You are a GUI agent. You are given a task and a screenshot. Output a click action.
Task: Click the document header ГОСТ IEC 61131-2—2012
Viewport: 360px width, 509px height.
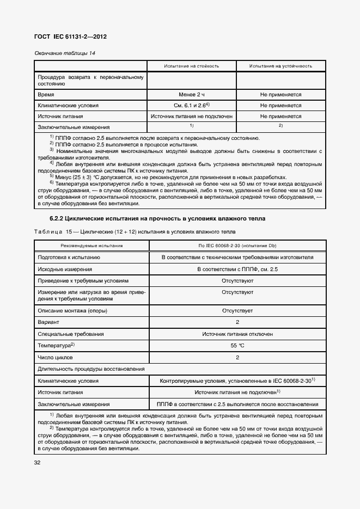click(x=70, y=36)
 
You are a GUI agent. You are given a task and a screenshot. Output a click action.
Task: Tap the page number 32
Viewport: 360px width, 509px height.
click(x=38, y=463)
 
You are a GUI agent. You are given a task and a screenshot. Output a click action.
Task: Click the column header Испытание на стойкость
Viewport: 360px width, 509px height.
click(x=191, y=66)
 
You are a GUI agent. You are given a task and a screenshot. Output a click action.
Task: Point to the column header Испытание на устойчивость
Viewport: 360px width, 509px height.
click(x=280, y=66)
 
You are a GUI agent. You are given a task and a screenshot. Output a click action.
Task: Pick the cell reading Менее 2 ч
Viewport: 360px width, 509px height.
click(x=191, y=94)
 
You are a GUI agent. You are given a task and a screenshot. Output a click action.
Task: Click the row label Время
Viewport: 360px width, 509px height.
click(x=45, y=94)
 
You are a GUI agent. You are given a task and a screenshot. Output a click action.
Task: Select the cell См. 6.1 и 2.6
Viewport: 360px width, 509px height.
click(x=191, y=105)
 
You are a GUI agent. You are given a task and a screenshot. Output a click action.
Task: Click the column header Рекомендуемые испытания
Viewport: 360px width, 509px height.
click(x=91, y=246)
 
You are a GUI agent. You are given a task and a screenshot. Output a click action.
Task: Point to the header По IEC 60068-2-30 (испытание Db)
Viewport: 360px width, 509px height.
click(x=237, y=246)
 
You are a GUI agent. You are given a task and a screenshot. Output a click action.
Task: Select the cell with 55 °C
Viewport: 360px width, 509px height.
click(x=237, y=346)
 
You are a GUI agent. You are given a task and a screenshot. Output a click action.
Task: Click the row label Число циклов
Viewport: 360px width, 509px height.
click(x=55, y=358)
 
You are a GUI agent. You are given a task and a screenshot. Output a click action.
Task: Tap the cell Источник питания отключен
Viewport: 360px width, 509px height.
click(x=237, y=334)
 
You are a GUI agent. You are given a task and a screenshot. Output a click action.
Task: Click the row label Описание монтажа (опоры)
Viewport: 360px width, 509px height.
click(x=72, y=310)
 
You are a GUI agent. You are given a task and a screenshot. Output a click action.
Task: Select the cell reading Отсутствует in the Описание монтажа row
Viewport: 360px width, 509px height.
click(x=237, y=310)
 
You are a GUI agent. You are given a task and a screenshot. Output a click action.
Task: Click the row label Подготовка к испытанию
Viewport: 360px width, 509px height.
click(x=68, y=257)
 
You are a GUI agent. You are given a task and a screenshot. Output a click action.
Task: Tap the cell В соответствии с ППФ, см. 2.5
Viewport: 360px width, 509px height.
click(x=237, y=269)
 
